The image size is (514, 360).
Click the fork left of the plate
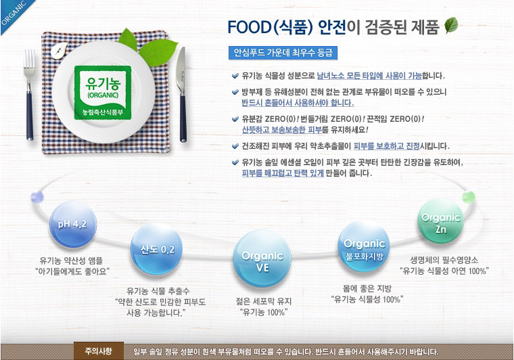tap(29, 95)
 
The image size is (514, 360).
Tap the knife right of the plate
tap(182, 95)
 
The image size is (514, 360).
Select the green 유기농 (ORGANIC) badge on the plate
tap(103, 93)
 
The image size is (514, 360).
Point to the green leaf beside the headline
tap(451, 25)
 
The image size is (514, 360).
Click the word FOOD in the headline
tap(249, 27)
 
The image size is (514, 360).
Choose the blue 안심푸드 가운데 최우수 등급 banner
tap(283, 53)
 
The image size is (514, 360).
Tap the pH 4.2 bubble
tap(73, 224)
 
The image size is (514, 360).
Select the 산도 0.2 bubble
tap(156, 250)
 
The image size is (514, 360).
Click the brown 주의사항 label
tap(99, 351)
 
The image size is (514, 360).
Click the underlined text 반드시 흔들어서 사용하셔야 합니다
tap(298, 103)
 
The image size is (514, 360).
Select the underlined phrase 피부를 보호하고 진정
tap(387, 146)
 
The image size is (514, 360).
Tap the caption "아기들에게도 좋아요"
tap(72, 271)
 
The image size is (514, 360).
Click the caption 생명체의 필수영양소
tap(444, 260)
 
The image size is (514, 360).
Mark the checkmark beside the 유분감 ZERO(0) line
tap(235, 119)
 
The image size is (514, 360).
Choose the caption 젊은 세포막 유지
tap(264, 301)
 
